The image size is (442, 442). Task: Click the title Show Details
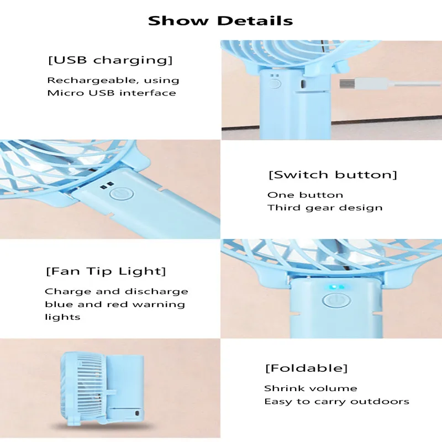coord(220,21)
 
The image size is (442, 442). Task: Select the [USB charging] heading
coord(110,60)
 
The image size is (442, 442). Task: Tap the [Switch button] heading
coord(333,175)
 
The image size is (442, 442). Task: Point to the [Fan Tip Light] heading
coord(105,271)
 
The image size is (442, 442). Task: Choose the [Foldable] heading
coord(306,368)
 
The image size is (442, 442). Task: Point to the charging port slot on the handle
coord(302,83)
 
